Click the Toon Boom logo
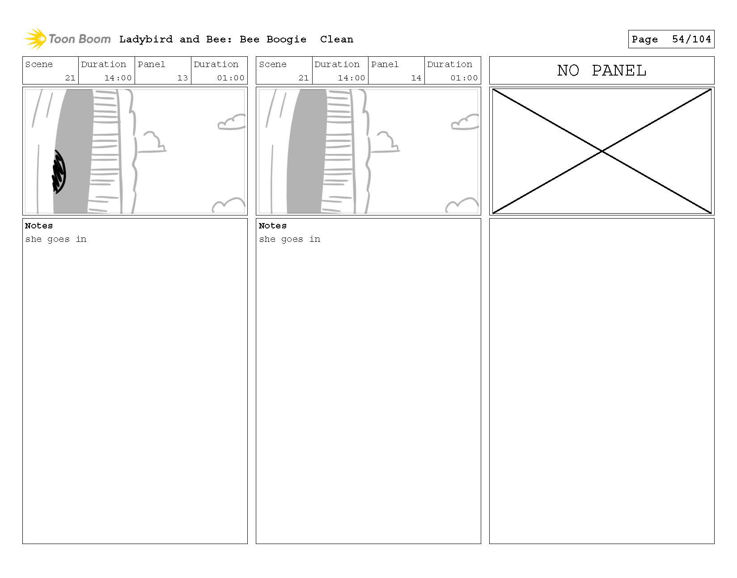(67, 39)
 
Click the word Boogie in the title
(286, 39)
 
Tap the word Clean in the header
(336, 39)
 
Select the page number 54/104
(691, 39)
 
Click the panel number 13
(182, 78)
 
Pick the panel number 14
(416, 78)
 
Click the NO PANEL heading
(601, 71)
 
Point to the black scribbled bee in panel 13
(59, 171)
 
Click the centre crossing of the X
(602, 152)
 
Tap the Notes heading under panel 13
(39, 226)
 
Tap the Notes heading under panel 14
(272, 226)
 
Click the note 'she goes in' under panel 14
(289, 239)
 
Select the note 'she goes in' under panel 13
(56, 239)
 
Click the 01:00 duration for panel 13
(230, 78)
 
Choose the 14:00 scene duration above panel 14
(351, 78)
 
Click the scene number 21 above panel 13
(70, 78)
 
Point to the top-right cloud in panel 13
(231, 122)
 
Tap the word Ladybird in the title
(146, 39)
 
